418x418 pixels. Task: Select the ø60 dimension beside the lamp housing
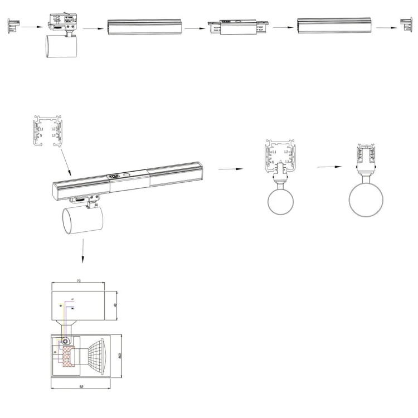pyautogui.click(x=119, y=356)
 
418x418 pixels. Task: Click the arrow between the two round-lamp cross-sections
pyautogui.click(x=329, y=167)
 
